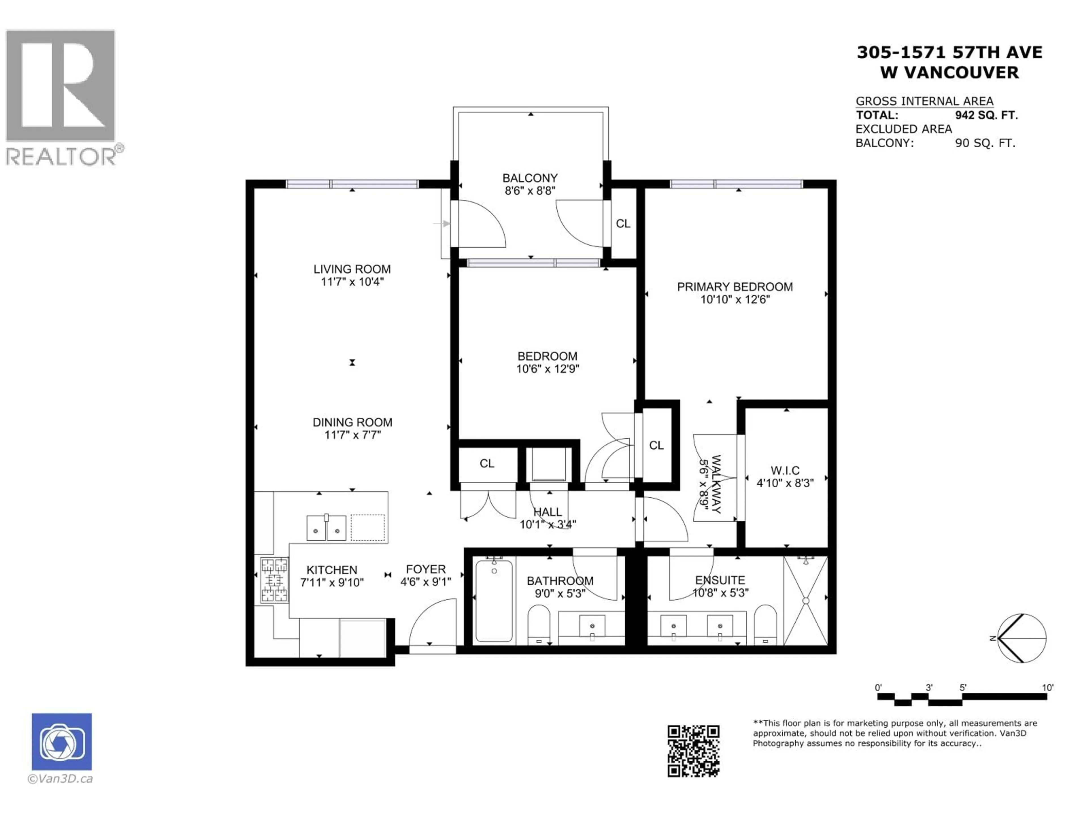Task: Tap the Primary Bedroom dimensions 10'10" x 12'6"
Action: tap(735, 299)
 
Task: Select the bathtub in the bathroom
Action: tap(494, 601)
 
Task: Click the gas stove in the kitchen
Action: tap(274, 580)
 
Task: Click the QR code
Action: tap(693, 751)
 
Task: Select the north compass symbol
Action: tap(1022, 638)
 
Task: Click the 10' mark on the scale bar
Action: tap(1047, 688)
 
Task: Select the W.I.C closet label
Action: tap(785, 470)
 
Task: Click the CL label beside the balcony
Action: tap(623, 224)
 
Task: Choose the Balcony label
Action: tap(530, 178)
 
